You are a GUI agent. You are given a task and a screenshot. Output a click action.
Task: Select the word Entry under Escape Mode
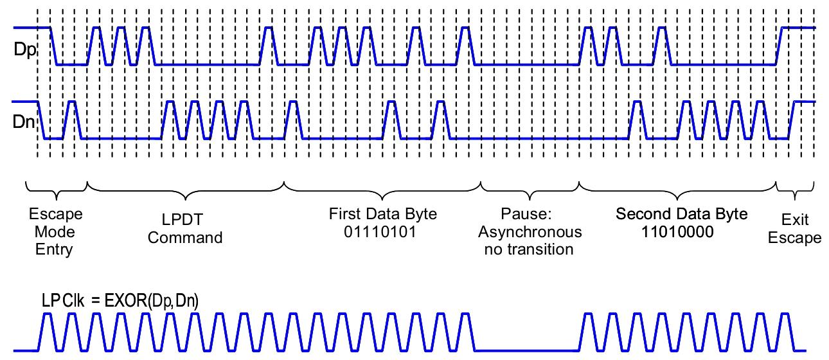[x=55, y=249]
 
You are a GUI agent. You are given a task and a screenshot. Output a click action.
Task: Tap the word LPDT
[x=185, y=221]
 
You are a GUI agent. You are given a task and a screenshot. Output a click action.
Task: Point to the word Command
[x=185, y=237]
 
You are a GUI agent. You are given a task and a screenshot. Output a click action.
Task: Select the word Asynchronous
[x=530, y=231]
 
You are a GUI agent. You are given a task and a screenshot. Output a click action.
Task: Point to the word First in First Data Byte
[x=344, y=213]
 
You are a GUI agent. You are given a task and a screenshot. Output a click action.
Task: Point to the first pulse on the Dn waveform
[x=71, y=119]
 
